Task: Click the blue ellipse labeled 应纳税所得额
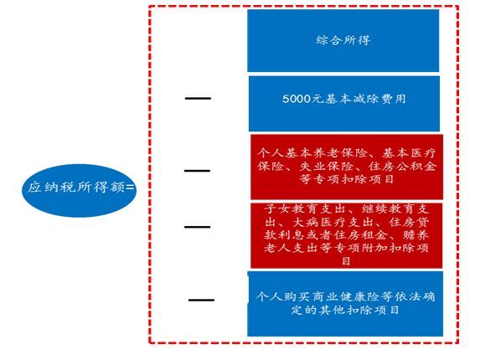(x=80, y=191)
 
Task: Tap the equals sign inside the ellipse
(x=130, y=188)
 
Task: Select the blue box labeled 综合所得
(x=343, y=40)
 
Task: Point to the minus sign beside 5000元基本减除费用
(x=198, y=99)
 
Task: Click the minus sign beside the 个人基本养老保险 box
(x=197, y=171)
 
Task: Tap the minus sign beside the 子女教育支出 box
(x=197, y=227)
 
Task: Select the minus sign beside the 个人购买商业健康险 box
(x=201, y=300)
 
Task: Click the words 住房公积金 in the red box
(x=402, y=166)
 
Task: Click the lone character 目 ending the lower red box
(x=346, y=261)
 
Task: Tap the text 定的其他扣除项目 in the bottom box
(x=345, y=310)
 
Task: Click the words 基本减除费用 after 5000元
(x=365, y=99)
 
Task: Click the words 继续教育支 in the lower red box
(x=395, y=209)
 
